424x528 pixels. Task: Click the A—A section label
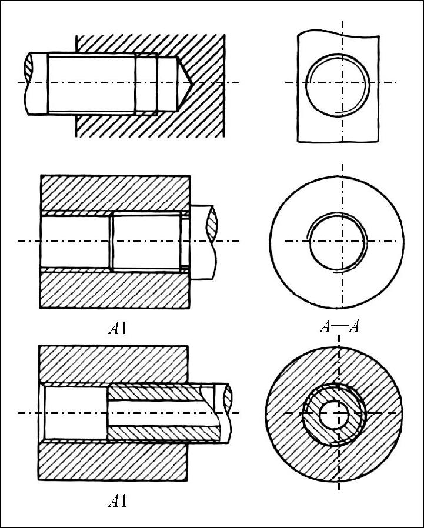tap(339, 327)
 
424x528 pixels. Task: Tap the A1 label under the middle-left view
tap(118, 328)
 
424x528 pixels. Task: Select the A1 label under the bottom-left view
tap(118, 502)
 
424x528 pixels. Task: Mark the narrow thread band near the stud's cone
tap(146, 82)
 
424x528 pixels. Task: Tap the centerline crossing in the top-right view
tap(342, 82)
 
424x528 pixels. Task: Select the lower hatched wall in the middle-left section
tap(115, 289)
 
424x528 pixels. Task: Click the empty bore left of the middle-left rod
tap(75, 241)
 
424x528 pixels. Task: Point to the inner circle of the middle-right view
tap(338, 241)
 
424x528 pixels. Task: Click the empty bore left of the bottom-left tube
tap(75, 413)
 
